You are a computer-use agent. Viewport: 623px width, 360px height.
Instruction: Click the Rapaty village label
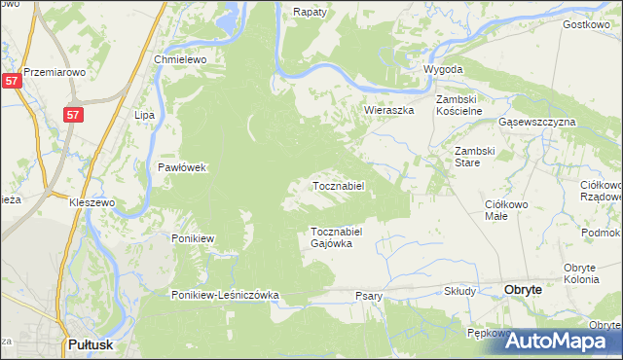click(x=310, y=12)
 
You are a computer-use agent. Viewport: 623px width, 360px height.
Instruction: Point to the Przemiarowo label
click(x=55, y=72)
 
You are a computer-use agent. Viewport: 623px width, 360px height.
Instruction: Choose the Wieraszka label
click(x=389, y=110)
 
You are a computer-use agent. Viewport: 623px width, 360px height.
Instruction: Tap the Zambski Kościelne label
click(x=459, y=105)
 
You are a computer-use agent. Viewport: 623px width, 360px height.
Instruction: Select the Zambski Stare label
click(x=476, y=157)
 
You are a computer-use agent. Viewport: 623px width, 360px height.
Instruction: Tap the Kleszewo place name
click(x=92, y=202)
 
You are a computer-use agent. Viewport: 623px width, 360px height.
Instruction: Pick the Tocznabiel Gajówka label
click(x=337, y=237)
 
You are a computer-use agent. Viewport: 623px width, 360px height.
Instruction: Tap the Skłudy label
click(x=459, y=291)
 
